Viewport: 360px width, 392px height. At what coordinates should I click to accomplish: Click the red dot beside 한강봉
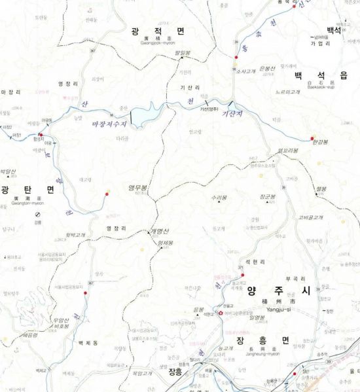(x=312, y=138)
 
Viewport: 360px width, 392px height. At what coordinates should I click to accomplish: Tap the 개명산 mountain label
(x=159, y=232)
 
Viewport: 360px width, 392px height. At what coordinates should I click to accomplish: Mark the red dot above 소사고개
(x=235, y=58)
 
